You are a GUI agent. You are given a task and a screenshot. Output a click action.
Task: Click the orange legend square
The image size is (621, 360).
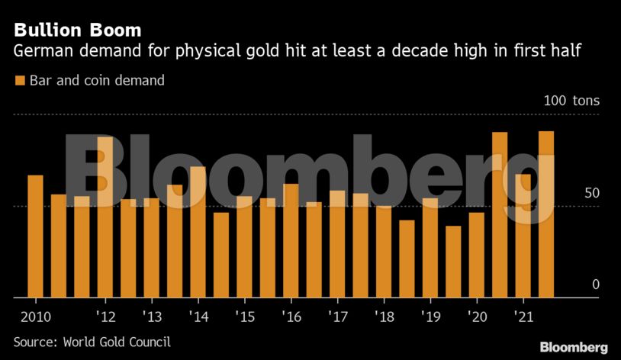19,80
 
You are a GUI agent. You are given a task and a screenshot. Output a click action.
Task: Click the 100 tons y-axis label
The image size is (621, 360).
571,101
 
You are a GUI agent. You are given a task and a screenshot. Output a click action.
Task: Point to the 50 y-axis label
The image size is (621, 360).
591,193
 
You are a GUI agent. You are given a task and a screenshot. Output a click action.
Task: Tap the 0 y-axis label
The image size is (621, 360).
596,284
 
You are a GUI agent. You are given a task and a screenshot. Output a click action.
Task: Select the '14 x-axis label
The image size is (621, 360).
198,315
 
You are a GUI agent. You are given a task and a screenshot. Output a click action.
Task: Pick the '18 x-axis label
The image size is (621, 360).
384,315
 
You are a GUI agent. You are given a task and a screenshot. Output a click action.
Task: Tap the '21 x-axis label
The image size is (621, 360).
523,315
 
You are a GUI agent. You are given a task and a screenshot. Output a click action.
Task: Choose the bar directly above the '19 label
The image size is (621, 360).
430,248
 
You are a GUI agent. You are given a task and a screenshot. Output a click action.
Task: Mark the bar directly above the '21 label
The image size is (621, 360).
523,236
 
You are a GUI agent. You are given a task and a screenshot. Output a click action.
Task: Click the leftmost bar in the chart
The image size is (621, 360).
35,236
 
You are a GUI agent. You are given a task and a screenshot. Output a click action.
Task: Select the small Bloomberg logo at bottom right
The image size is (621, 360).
574,347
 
